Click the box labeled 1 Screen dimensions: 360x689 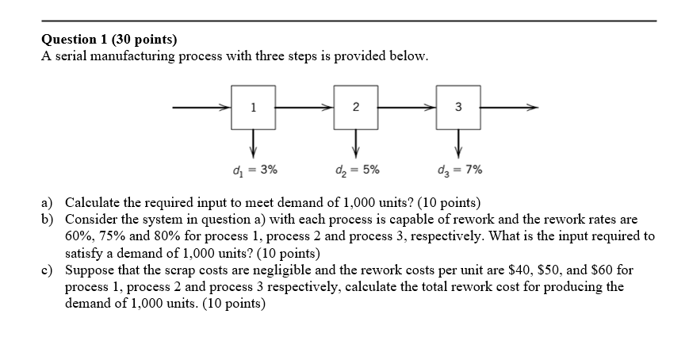coord(253,108)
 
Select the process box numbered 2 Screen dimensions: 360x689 coord(355,108)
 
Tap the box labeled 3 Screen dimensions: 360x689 coord(457,108)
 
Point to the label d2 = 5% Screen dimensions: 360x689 coord(357,169)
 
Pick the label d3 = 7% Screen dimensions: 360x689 coord(459,169)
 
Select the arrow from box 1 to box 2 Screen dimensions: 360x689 coord(304,107)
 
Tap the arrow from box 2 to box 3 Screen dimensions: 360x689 coord(406,107)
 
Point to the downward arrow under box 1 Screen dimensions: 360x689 coord(253,144)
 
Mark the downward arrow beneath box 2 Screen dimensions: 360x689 coord(355,144)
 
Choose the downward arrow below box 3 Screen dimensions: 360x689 coord(457,144)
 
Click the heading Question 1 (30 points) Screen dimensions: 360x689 coord(109,39)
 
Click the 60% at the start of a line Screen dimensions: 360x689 coord(78,236)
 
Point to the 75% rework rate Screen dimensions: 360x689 coord(113,236)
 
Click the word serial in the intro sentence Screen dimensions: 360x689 coord(73,56)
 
